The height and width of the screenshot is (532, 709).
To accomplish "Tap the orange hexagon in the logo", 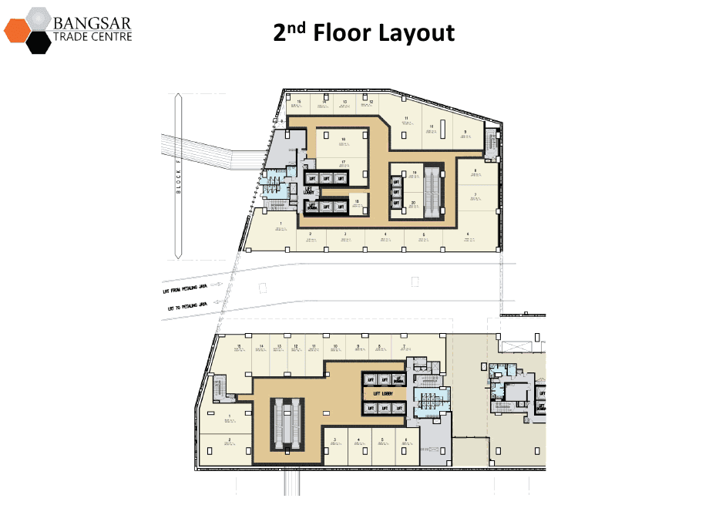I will point(16,31).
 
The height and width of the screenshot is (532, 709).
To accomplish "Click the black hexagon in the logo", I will point(38,42).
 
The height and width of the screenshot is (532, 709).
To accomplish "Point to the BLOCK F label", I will point(178,177).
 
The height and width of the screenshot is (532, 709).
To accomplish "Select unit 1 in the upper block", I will point(281,231).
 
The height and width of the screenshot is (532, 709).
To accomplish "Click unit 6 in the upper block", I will point(468,238).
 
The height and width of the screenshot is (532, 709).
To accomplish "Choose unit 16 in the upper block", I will point(343,142).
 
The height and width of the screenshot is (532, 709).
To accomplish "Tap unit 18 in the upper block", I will point(358,205).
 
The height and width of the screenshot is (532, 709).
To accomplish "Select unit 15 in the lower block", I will point(240,351).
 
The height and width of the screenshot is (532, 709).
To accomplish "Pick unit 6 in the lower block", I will point(405,446).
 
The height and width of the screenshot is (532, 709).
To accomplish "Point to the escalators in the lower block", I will point(286,423).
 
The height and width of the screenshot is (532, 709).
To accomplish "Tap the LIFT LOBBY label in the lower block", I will point(383,393).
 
